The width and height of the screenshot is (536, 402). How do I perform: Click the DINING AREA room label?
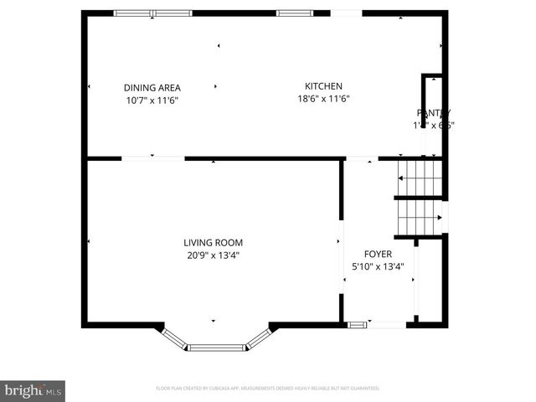[x=152, y=87]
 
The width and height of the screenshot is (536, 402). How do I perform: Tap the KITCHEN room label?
[x=323, y=85]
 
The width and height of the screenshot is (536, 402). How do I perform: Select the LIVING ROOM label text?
[x=213, y=243]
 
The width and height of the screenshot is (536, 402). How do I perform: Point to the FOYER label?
[x=377, y=254]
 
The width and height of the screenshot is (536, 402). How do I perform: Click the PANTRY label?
[x=434, y=113]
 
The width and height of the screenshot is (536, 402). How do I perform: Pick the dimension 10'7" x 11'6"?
[x=152, y=100]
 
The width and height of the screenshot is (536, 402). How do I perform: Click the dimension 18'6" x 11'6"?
[x=323, y=98]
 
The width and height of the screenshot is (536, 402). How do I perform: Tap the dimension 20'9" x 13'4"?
[x=213, y=255]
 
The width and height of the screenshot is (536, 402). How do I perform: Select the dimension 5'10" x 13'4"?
[x=377, y=267]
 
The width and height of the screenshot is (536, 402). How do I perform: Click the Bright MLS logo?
[x=33, y=389]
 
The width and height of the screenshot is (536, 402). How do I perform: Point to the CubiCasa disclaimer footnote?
[x=268, y=389]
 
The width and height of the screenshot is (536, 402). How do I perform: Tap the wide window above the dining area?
[x=152, y=13]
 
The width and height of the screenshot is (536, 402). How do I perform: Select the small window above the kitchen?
[x=290, y=13]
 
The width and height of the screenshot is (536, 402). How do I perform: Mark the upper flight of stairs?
[x=420, y=177]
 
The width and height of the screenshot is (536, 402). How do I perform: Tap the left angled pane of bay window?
[x=174, y=338]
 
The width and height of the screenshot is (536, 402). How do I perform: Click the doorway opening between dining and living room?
[x=153, y=158]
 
